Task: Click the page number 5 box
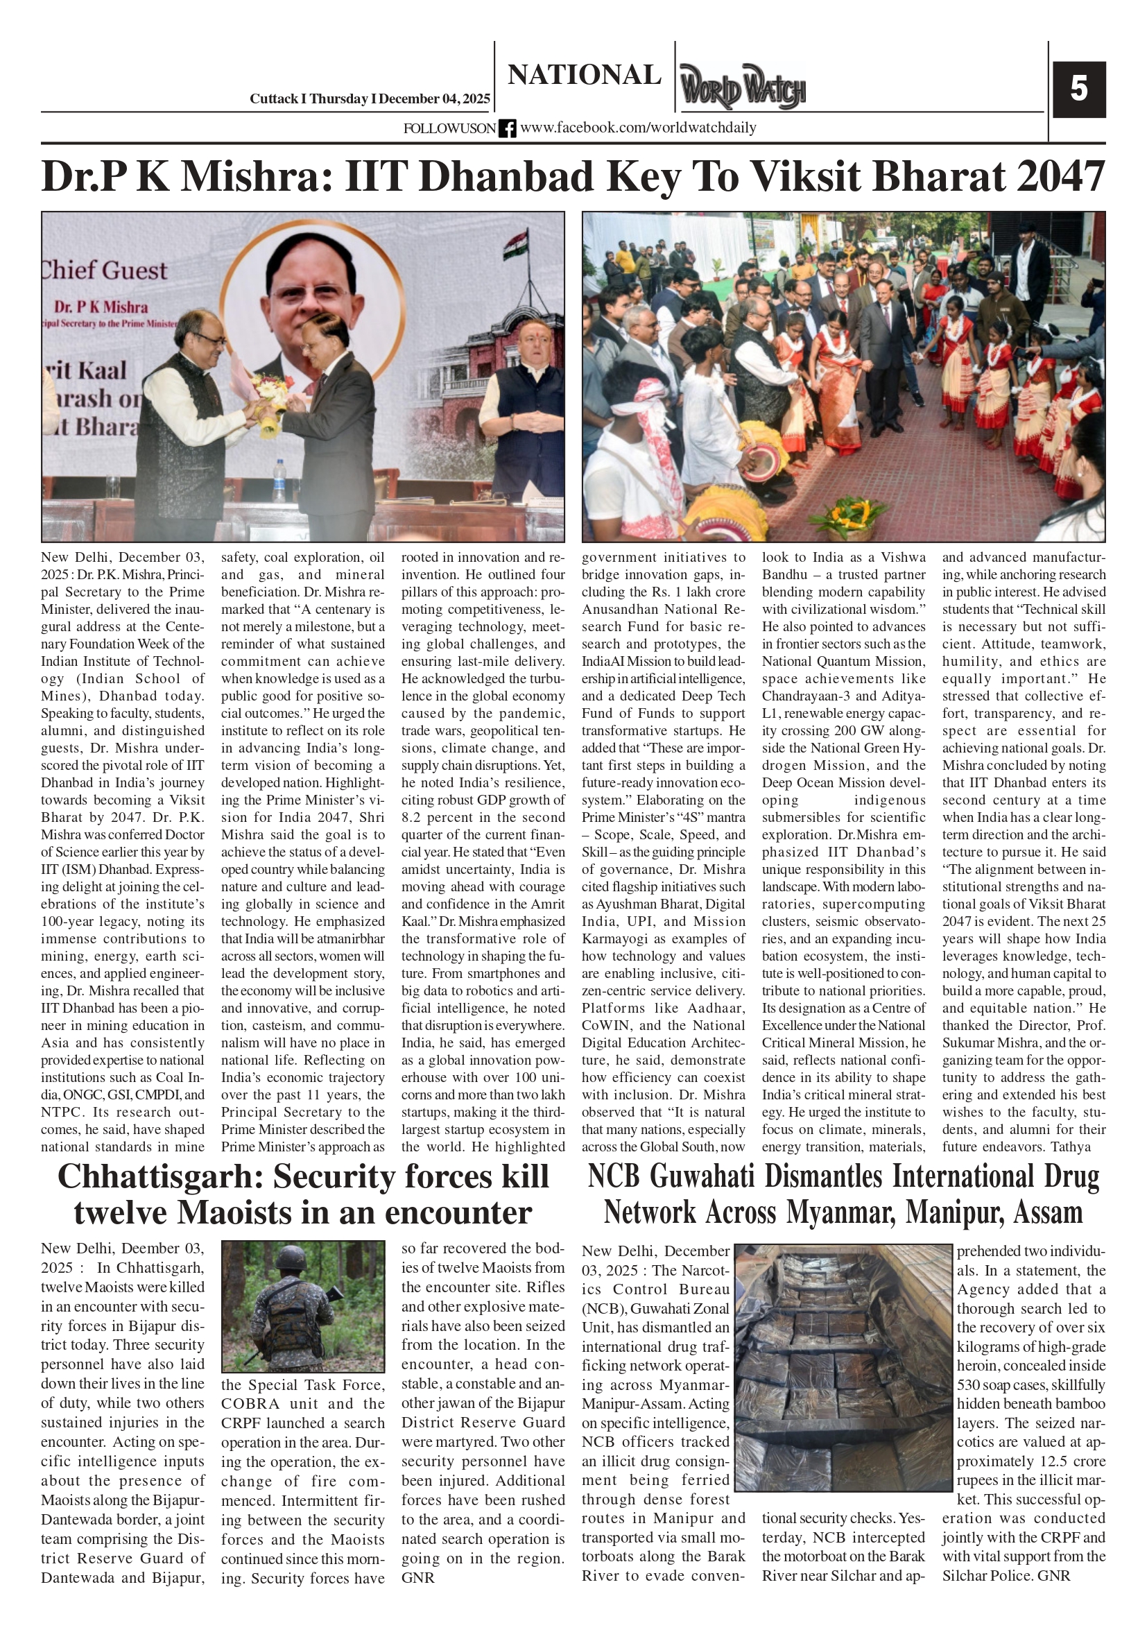1078,89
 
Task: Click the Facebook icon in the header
507,128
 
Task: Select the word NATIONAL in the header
584,75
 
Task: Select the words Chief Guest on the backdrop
105,271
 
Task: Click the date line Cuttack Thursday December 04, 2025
369,99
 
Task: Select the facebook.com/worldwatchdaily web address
638,128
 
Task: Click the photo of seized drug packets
843,1367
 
